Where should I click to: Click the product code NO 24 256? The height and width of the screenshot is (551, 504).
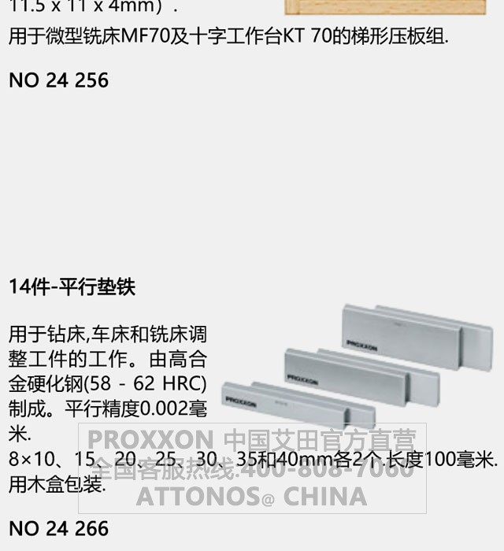point(58,80)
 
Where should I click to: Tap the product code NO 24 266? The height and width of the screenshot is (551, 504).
point(58,528)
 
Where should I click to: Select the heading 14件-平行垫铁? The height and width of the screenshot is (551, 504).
point(72,287)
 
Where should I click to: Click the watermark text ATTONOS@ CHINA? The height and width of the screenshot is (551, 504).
point(252,497)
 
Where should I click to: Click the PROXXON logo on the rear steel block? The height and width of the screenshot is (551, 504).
point(361,346)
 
